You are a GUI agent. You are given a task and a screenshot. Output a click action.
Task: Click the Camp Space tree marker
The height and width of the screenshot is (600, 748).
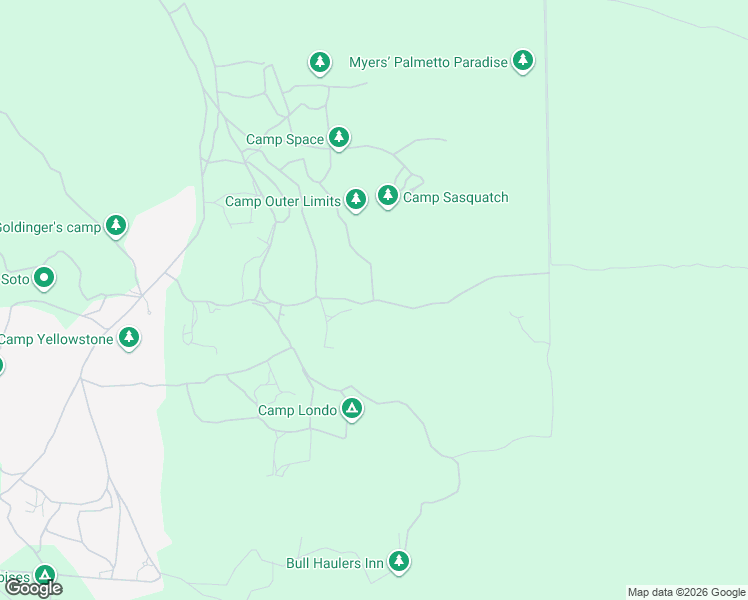pos(339,138)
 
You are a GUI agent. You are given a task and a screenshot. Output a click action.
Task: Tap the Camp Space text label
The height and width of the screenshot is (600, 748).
pos(285,140)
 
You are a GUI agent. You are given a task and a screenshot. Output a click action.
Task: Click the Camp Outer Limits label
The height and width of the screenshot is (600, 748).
pos(283,201)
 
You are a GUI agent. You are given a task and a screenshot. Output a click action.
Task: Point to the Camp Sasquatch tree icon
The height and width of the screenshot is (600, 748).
pos(387,196)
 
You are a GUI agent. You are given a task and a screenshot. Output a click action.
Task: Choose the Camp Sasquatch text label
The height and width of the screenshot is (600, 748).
pos(456,197)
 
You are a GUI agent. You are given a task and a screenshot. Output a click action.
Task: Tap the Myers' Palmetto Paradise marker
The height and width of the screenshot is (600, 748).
pos(522,61)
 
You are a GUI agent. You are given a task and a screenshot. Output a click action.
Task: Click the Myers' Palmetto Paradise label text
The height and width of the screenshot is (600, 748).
pos(428,62)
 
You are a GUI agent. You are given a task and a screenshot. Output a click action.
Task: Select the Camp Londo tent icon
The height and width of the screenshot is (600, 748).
pos(351,408)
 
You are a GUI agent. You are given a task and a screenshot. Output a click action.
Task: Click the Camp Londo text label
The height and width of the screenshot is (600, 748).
pos(297,410)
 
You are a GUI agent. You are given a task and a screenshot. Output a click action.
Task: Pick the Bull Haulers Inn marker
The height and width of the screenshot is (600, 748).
pos(399,562)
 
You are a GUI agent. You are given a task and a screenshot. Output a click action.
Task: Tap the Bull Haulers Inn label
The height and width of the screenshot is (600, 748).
pos(335,564)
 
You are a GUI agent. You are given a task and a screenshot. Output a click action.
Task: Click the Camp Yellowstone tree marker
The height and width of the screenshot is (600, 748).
pos(128,338)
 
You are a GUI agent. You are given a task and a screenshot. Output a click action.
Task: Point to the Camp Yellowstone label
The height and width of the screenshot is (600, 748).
pos(55,339)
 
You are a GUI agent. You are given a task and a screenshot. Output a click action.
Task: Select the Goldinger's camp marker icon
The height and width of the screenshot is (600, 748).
pos(116,226)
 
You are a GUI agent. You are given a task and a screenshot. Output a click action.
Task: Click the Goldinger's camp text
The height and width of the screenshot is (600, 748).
pos(50,227)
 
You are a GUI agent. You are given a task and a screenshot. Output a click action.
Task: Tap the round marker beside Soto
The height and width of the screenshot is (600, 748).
pos(44,278)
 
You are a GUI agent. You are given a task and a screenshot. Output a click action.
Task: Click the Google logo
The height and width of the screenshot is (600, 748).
pos(33,588)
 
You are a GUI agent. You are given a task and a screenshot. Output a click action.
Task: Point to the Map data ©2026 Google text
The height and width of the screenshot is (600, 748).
pos(686,592)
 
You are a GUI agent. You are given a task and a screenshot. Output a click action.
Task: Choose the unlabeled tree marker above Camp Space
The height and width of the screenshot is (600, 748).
pos(319,63)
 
